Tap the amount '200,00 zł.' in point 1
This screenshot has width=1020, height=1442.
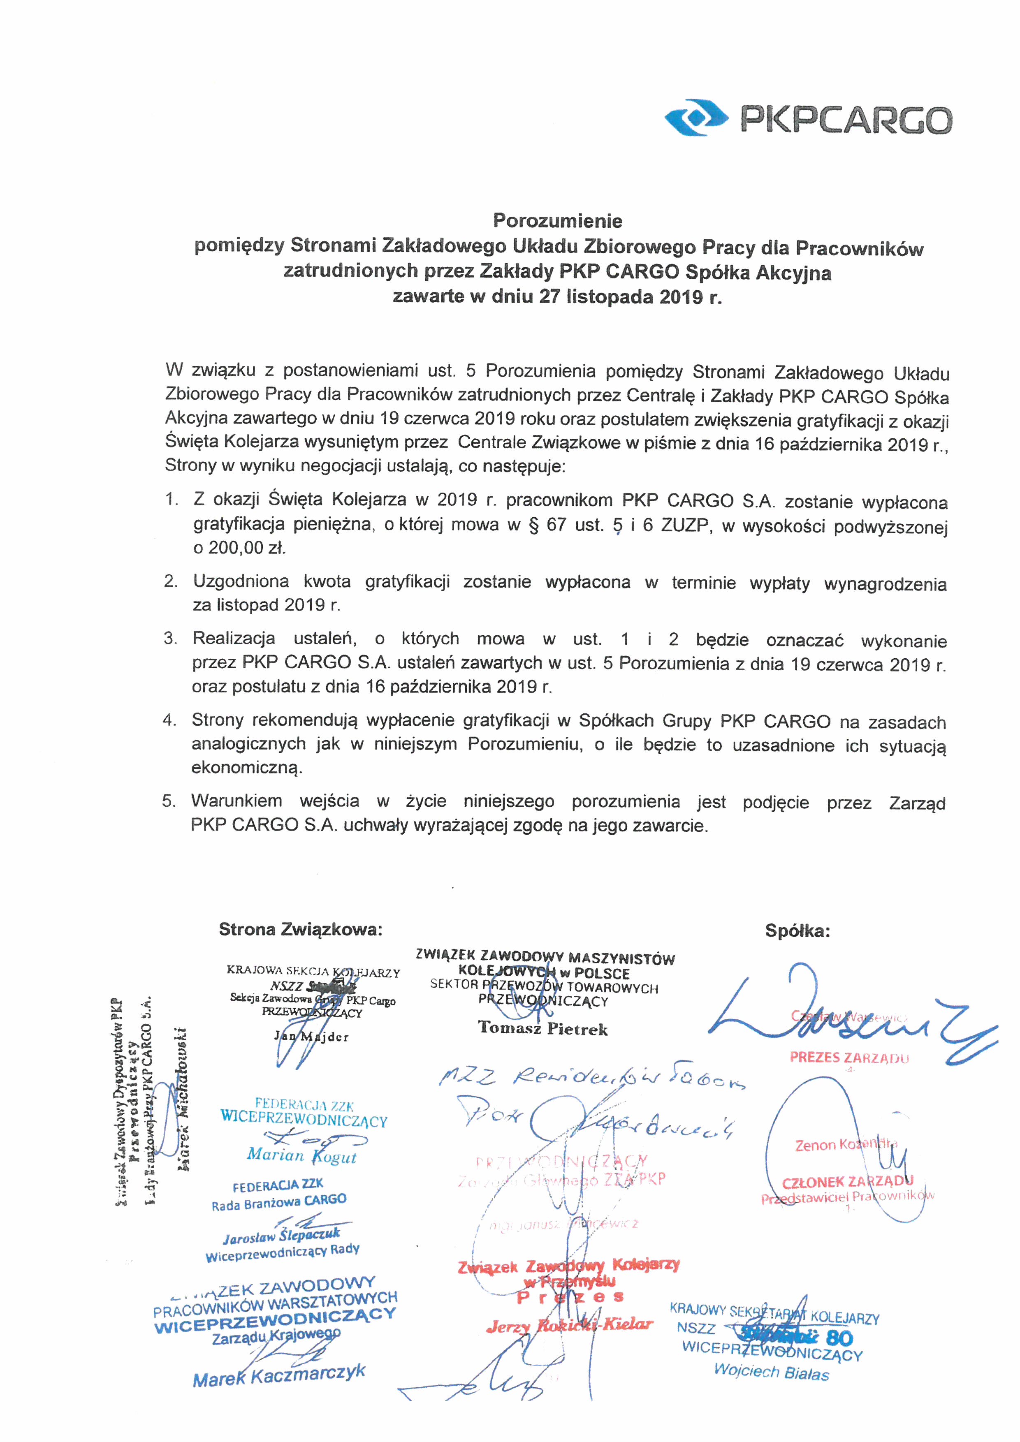click(x=239, y=548)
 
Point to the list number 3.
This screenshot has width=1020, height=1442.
click(x=170, y=639)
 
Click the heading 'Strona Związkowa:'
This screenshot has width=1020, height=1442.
click(x=300, y=930)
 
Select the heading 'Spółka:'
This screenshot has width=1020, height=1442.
click(x=797, y=931)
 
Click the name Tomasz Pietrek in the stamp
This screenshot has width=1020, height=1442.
click(x=542, y=1028)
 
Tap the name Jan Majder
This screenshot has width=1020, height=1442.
click(x=311, y=1036)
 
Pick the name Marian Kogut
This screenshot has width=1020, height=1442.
click(x=301, y=1155)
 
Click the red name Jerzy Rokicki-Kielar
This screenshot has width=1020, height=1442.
click(x=569, y=1324)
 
